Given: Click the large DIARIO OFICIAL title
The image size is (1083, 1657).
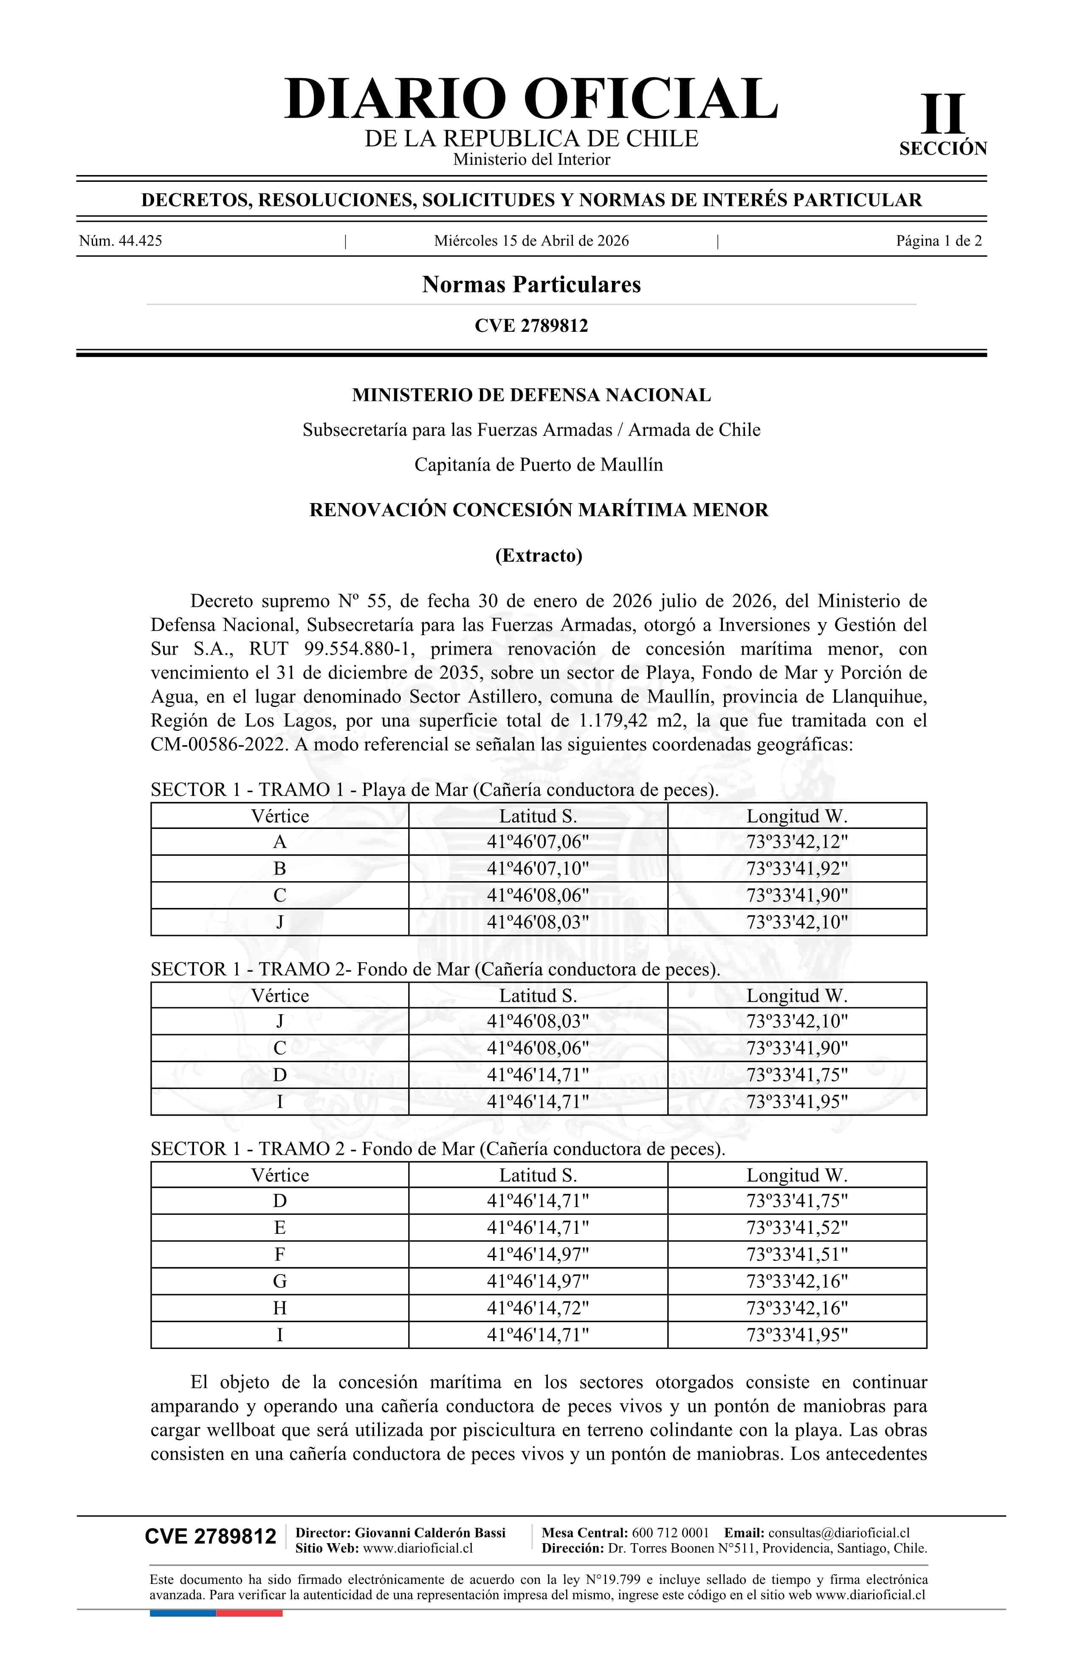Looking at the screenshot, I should [531, 99].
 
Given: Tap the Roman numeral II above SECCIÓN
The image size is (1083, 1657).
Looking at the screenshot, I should [943, 114].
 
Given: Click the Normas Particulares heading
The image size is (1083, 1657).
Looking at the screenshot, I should [531, 285].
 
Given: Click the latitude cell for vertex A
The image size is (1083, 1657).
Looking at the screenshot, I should [537, 842].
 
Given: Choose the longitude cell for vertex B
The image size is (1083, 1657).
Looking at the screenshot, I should [797, 869].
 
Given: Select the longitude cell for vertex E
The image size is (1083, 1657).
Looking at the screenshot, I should [797, 1227].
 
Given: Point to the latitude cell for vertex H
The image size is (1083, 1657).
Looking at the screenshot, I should [537, 1308].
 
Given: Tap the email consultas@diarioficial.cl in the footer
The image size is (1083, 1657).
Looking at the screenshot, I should [839, 1533].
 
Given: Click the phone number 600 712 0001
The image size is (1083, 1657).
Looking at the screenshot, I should [670, 1533].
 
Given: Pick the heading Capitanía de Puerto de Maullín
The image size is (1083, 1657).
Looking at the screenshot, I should [538, 464].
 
